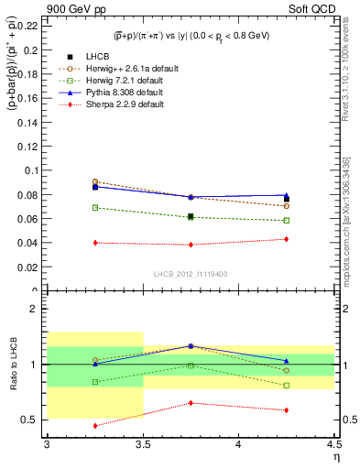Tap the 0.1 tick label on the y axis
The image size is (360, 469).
click(33, 170)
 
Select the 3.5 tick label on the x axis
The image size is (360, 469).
click(143, 444)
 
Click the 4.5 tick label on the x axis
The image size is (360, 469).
click(335, 444)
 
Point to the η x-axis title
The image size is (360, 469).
click(335, 456)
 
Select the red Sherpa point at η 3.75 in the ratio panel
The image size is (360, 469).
click(191, 403)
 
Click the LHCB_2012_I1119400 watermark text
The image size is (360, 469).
click(191, 274)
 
